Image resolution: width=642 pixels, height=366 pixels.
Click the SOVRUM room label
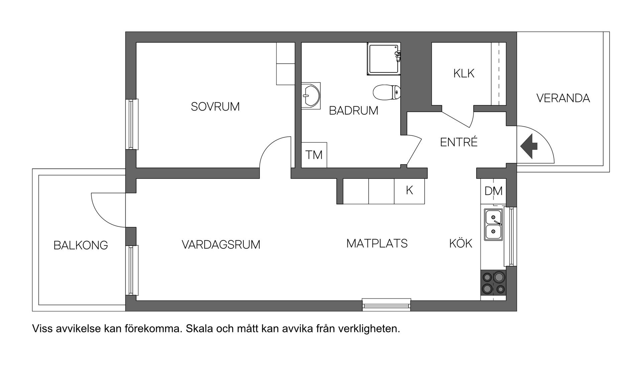point(215,107)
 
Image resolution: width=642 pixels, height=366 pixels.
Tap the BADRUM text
point(353,111)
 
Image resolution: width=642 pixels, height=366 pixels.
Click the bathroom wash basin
point(311,96)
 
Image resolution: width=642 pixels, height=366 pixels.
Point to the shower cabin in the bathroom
point(383,59)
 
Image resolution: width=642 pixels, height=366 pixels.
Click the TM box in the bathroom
point(314,155)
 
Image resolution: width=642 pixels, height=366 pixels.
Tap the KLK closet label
point(464,74)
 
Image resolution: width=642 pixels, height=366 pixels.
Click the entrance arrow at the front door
point(529,146)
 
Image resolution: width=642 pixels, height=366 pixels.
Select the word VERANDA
point(563,98)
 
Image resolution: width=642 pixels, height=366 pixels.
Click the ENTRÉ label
point(459,142)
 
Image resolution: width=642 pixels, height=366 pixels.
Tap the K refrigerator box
point(409,191)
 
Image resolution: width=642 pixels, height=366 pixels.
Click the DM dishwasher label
point(493,191)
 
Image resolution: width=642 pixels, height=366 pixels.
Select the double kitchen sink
point(493,224)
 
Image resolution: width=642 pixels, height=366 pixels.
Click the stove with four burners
point(493,282)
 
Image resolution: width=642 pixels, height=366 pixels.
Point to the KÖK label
point(460,244)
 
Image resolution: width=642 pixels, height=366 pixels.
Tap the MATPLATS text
point(377,244)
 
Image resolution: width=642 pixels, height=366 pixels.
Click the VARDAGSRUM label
point(221,245)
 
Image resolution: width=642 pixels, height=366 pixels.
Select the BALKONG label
point(81,246)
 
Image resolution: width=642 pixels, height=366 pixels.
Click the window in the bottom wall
point(387,305)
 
